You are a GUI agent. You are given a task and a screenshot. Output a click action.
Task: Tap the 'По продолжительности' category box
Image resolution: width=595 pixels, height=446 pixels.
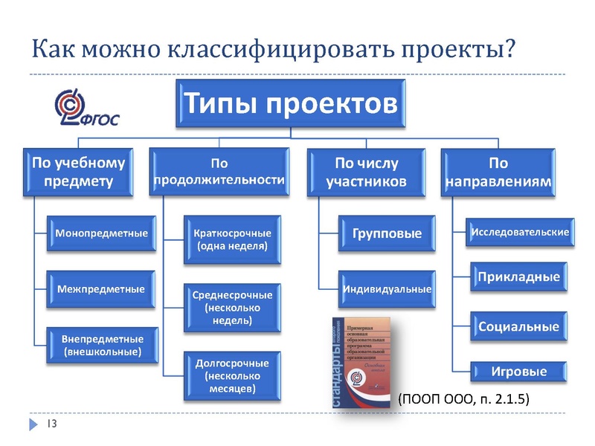[219, 172]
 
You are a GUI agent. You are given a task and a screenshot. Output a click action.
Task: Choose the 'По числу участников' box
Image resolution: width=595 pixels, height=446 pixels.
[367, 172]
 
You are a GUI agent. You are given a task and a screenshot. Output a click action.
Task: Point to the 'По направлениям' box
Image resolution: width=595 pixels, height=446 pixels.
[498, 172]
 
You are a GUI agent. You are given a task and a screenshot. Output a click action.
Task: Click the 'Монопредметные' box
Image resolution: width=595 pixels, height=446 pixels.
[101, 233]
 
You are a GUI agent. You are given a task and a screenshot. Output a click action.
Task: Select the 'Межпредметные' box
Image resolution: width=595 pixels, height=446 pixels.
[101, 288]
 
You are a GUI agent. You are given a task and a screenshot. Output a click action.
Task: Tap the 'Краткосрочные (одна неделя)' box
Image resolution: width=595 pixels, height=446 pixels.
[232, 239]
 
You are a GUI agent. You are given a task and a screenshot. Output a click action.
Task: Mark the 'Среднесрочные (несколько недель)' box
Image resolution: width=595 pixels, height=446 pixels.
[232, 308]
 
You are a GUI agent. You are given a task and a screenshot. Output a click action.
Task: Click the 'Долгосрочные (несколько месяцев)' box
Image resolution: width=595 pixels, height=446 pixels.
[232, 375]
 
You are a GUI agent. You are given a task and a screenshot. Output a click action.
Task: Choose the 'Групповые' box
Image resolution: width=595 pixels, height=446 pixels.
[387, 233]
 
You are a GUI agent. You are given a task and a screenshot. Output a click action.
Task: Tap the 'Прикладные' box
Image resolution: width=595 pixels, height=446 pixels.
[518, 277]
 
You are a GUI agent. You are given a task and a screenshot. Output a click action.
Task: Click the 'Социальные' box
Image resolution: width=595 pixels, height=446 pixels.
[518, 326]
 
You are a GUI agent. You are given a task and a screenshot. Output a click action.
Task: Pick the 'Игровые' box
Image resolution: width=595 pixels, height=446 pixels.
[518, 371]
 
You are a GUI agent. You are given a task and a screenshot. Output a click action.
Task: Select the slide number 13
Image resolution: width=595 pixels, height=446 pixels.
[52, 424]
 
